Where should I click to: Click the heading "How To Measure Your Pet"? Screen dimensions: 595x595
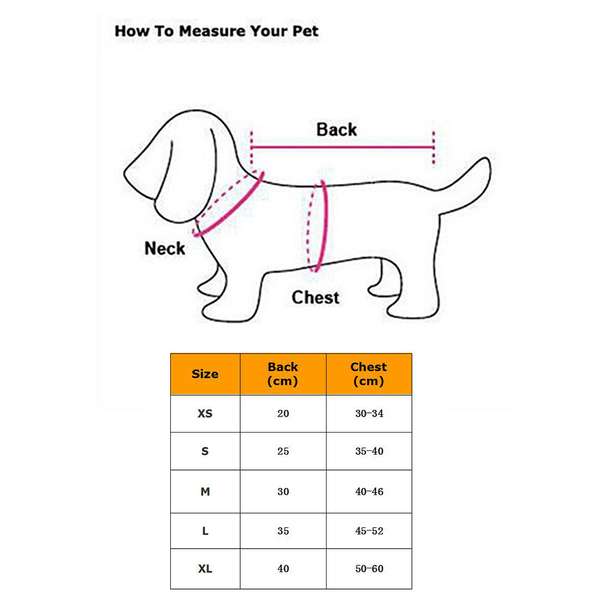tap(217, 31)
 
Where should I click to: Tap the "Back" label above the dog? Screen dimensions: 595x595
tap(337, 130)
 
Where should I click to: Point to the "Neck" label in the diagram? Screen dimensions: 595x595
tap(165, 249)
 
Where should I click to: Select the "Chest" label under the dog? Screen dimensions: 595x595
tap(315, 297)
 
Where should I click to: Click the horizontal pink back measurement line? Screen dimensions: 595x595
tap(342, 147)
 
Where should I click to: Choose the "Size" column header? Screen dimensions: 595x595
tap(205, 374)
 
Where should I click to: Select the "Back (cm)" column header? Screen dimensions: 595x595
tap(283, 374)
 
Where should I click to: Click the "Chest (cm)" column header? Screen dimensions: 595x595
tap(368, 374)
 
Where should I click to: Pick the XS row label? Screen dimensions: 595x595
tap(205, 414)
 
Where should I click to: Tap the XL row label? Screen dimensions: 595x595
tap(205, 568)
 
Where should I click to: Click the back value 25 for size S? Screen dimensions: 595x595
tap(283, 451)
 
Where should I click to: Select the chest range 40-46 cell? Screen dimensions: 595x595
tap(369, 491)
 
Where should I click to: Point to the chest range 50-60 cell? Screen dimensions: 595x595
tap(369, 568)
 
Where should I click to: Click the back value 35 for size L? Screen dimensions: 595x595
tap(283, 531)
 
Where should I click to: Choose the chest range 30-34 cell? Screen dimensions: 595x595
tap(369, 414)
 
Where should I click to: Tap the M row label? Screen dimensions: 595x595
tap(205, 491)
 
